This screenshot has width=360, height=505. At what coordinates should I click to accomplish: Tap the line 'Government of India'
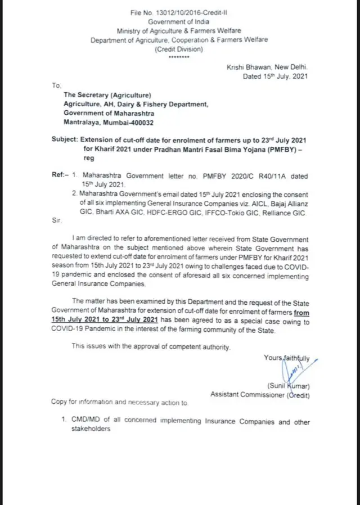tap(179, 21)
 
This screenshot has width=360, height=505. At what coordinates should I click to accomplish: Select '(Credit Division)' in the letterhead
tap(179, 49)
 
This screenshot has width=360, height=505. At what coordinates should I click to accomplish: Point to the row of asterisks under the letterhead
tap(179, 57)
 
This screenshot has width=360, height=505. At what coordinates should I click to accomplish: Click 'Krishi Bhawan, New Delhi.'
tap(268, 67)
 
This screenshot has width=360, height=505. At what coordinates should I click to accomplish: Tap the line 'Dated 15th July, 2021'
tap(275, 76)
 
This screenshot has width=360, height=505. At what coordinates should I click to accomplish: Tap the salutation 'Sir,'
tap(56, 223)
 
